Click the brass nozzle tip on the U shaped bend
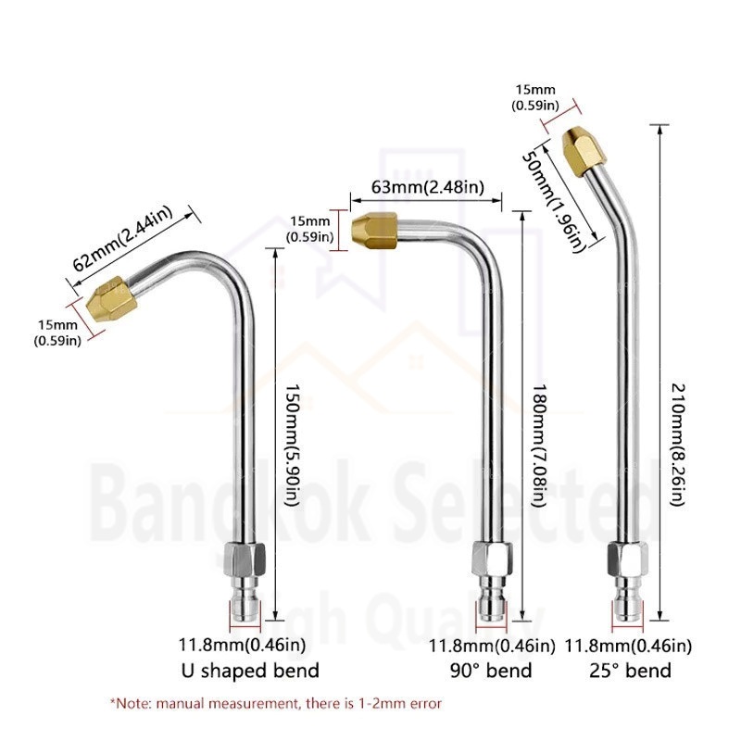[112, 299]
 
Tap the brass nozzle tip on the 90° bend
[374, 231]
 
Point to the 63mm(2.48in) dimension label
[428, 187]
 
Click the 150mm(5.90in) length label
[292, 445]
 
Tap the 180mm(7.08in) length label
[539, 445]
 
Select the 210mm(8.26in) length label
[678, 445]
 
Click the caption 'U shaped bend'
[250, 671]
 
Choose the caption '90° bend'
[491, 671]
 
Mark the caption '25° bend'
[630, 671]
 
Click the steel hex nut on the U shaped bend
[245, 559]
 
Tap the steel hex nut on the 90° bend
[492, 559]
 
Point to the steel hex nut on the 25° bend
[628, 559]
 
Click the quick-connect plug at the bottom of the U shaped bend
[245, 599]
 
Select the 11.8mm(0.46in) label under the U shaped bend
[242, 645]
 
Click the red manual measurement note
[276, 704]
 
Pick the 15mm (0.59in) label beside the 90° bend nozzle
[310, 229]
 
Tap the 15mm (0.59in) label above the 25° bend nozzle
[535, 97]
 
